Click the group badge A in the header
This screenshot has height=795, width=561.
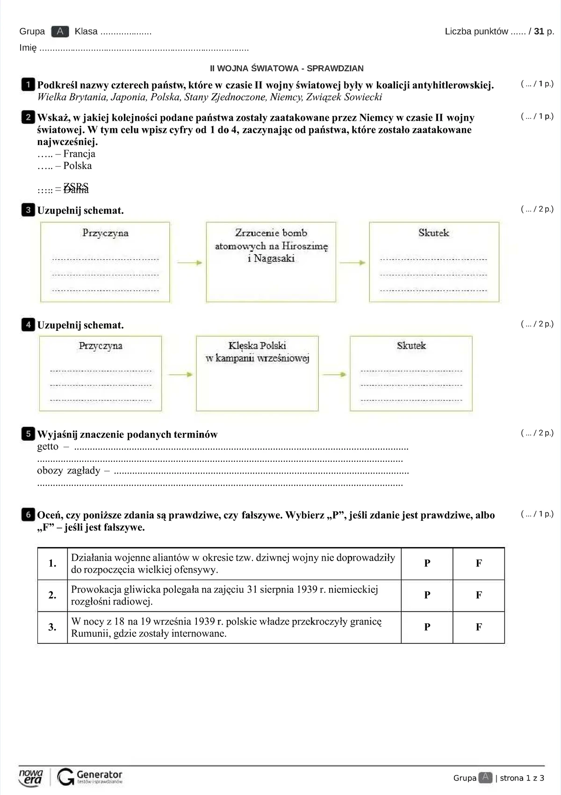(x=60, y=31)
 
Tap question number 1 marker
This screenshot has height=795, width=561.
(x=28, y=85)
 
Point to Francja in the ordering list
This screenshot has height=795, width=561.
(x=79, y=154)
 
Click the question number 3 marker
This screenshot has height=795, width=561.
(x=28, y=210)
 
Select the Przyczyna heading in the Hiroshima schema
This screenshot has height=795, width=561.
(x=105, y=233)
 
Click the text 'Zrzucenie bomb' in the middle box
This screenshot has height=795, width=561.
(x=271, y=233)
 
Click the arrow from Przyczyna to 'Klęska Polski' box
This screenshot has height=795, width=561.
(x=180, y=374)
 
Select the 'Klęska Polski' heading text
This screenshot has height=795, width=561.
(x=257, y=346)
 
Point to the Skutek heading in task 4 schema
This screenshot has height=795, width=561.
(x=411, y=346)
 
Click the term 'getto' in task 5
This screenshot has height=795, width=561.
(x=48, y=446)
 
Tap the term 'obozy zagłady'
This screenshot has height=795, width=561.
(x=68, y=470)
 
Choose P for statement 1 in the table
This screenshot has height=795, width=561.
(x=427, y=563)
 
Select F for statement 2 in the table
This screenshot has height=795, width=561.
(x=479, y=595)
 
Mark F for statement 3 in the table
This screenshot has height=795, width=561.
(x=479, y=627)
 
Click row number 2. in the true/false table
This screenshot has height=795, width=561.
(x=52, y=595)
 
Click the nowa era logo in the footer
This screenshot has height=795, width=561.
(x=31, y=776)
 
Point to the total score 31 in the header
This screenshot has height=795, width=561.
(x=539, y=31)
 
